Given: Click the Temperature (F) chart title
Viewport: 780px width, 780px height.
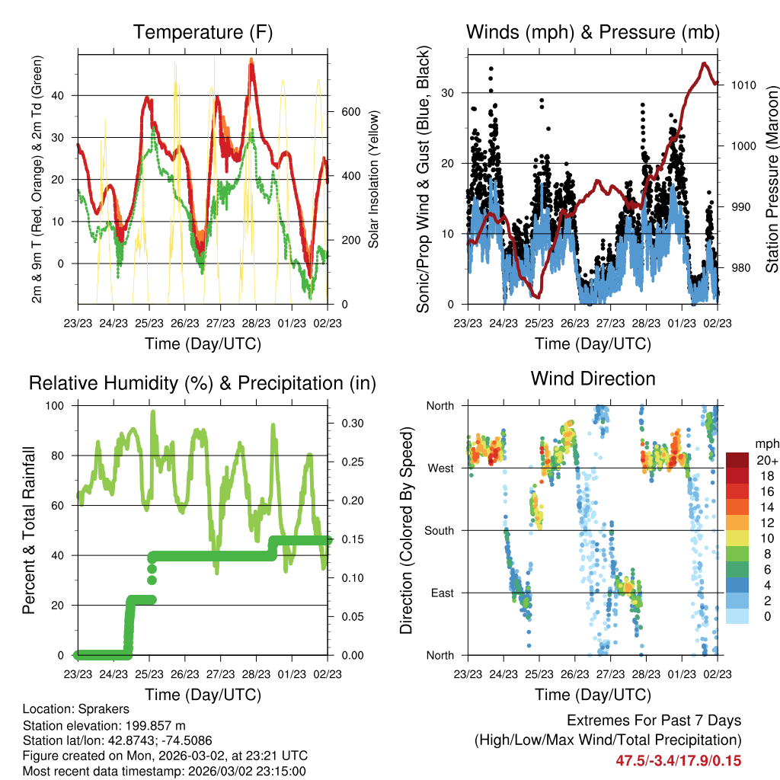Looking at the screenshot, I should (x=203, y=33).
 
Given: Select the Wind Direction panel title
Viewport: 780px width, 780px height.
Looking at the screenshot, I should (x=593, y=379).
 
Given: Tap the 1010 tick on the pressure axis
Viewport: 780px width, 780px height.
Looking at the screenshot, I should (x=742, y=85).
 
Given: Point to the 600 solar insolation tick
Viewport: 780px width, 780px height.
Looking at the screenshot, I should (x=350, y=111).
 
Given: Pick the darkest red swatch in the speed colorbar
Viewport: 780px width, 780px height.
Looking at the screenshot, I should (x=737, y=460).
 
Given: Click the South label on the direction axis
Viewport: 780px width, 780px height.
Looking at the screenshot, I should (x=440, y=530).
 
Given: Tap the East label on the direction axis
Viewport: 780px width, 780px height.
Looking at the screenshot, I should (x=443, y=593).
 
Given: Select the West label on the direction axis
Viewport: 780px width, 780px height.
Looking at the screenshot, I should (x=441, y=468).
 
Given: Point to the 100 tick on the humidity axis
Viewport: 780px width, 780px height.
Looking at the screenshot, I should (x=59, y=405).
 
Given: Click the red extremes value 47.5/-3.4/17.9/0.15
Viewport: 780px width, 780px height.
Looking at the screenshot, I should (x=678, y=760).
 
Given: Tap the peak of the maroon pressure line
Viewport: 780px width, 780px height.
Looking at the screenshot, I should (x=704, y=63).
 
